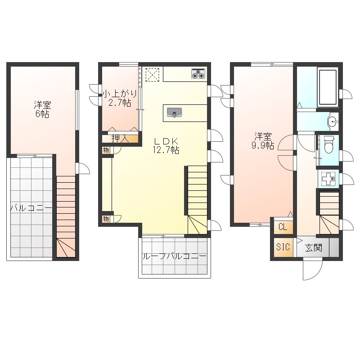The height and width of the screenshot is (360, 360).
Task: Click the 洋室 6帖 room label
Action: pos(42,109)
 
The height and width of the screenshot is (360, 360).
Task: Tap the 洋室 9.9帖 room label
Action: pos(263,141)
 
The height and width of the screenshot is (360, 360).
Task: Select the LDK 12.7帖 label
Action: pos(166,145)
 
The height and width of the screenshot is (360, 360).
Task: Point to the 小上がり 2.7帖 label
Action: pos(120,98)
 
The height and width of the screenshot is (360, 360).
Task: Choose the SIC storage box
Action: pos(283,247)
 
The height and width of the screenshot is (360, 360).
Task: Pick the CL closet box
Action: pos(283,227)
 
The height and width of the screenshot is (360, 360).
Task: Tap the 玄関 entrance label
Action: pos(314,248)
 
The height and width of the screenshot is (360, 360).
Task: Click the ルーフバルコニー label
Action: pos(175,256)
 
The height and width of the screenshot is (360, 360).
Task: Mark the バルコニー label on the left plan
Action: pos(31,208)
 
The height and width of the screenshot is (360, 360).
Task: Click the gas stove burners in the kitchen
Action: pos(198,74)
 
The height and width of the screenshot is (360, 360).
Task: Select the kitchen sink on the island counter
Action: pos(175,113)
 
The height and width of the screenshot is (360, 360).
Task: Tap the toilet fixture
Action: pos(329,144)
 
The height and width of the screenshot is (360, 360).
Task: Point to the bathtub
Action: pos(328,87)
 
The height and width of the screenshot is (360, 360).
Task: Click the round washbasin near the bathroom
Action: pos(332,121)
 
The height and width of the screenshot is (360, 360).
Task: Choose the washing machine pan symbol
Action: pos(329,178)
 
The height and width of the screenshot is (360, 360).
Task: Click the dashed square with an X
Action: pos(152,74)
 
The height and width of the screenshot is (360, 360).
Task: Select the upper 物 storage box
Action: pos(106,150)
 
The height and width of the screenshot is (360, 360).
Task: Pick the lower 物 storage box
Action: pos(106,219)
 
